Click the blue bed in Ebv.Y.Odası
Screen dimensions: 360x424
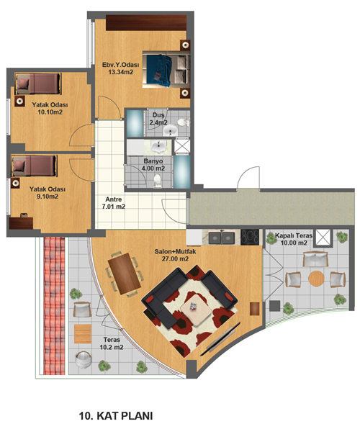(166, 69)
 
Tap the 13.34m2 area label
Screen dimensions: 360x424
(121, 72)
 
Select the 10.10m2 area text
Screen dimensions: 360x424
(50, 112)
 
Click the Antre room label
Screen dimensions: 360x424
(114, 199)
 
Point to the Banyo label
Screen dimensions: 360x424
(153, 161)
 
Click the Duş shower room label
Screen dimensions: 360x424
(158, 115)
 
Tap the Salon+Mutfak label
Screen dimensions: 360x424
(175, 251)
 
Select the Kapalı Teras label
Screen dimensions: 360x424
(294, 235)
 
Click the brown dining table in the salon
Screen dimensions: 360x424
(125, 274)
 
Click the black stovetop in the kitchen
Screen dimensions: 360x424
(250, 237)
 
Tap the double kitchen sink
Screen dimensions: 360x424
(222, 238)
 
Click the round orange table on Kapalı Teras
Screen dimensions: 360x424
(316, 279)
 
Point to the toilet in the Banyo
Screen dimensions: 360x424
(157, 181)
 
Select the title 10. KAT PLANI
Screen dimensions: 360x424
(116, 415)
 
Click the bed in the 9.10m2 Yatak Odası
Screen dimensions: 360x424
(35, 166)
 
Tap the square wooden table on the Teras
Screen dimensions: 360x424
(83, 334)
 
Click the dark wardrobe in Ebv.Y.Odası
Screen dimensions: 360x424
(146, 23)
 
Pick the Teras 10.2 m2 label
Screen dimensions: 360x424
(112, 343)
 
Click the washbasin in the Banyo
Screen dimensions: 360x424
(158, 147)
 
